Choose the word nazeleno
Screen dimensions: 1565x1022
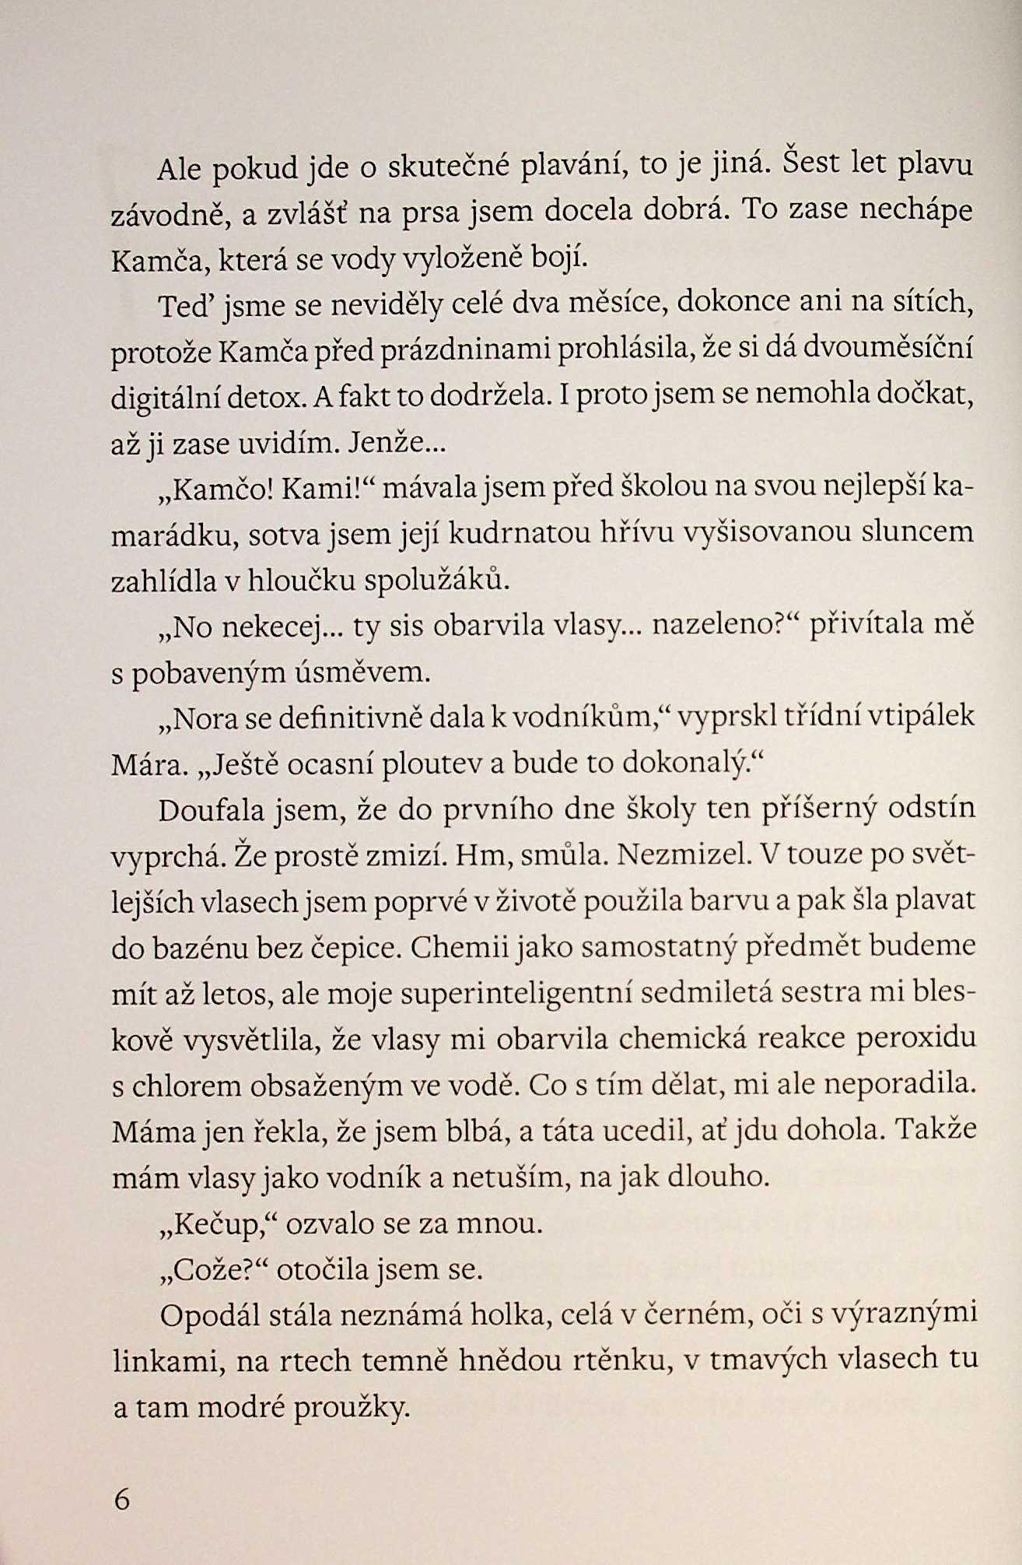pyautogui.click(x=715, y=625)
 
